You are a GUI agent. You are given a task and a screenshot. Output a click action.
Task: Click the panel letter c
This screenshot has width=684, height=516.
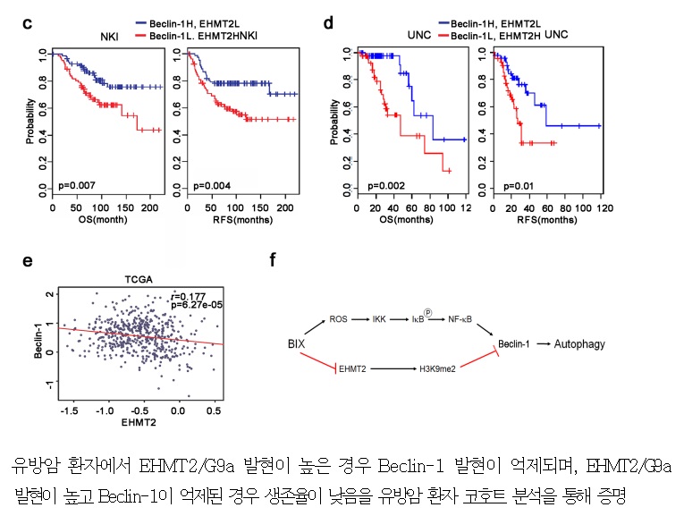tap(28, 24)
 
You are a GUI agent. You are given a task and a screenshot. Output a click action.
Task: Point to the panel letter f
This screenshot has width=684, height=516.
tap(272, 260)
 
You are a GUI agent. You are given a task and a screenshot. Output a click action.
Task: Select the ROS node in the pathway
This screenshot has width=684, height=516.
tap(338, 319)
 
